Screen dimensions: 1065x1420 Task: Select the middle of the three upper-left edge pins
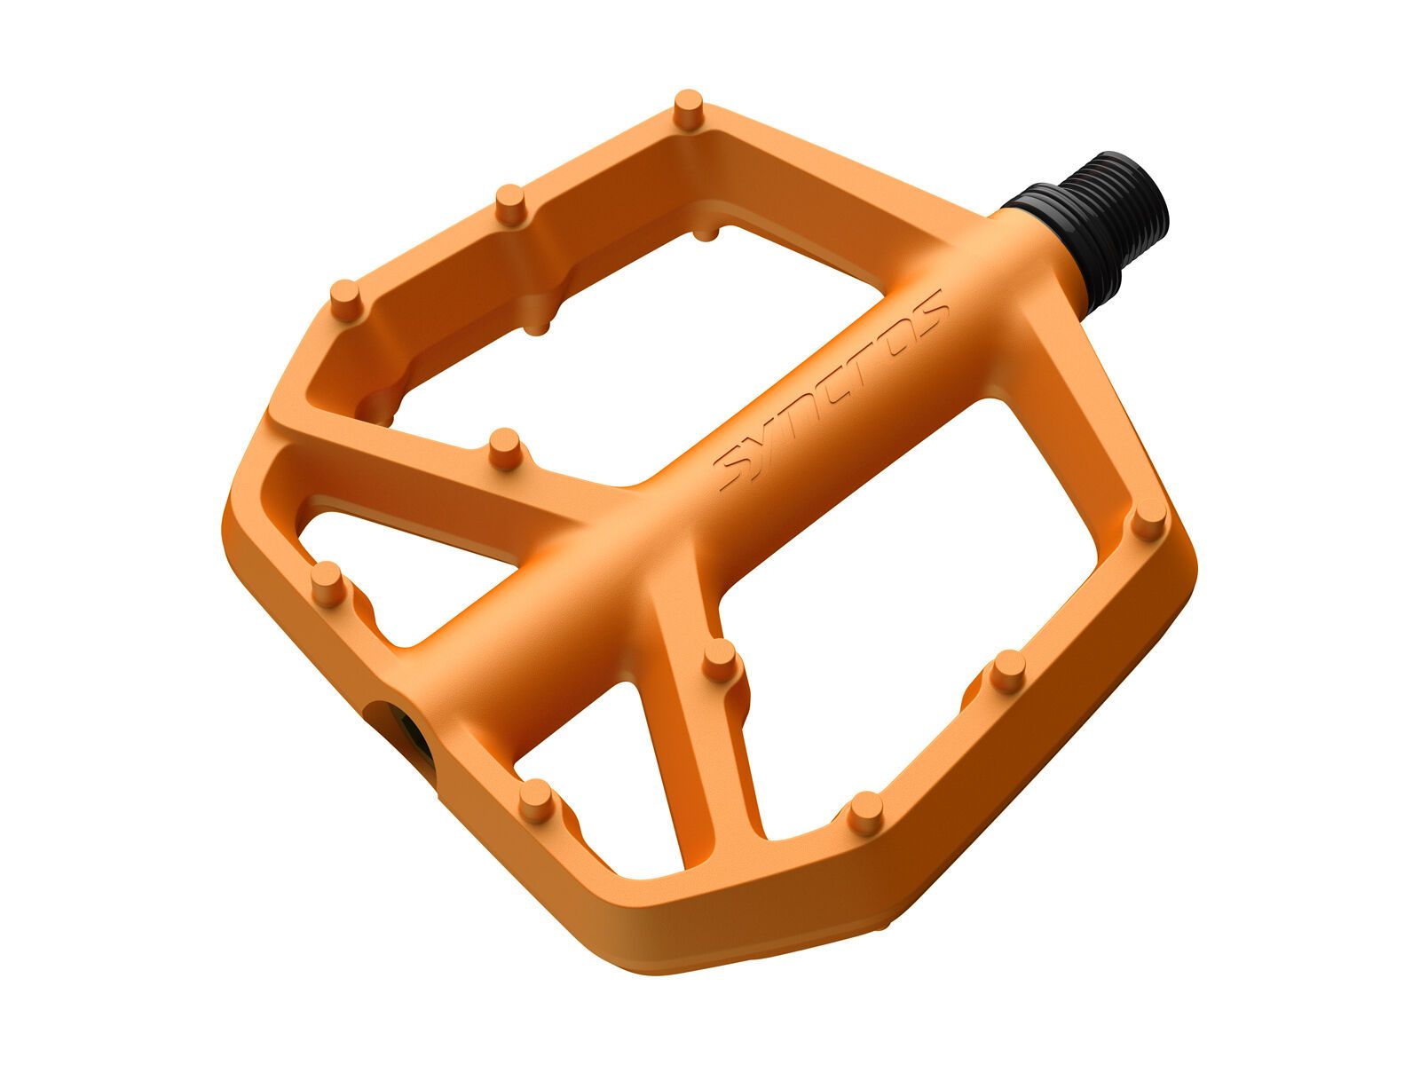[509, 203]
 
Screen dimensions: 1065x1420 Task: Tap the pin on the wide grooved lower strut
[719, 661]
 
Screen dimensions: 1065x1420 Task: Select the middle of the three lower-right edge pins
[1007, 670]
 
